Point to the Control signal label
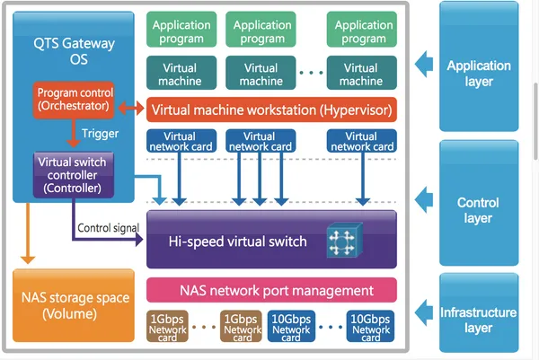(x=108, y=227)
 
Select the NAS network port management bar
(x=271, y=290)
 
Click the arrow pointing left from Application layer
(x=420, y=64)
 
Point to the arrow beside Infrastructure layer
(x=420, y=312)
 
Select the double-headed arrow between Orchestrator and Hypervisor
(x=129, y=110)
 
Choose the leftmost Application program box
(x=182, y=32)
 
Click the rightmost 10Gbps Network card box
(x=370, y=326)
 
